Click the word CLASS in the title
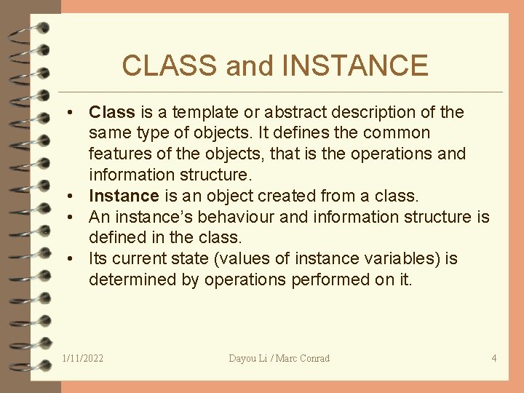pyautogui.click(x=171, y=65)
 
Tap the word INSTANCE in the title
pyautogui.click(x=354, y=65)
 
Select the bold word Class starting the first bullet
pyautogui.click(x=112, y=112)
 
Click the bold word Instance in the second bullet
pyautogui.click(x=124, y=196)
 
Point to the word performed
pyautogui.click(x=323, y=279)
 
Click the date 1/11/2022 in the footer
pyautogui.click(x=83, y=358)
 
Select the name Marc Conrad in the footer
pyautogui.click(x=303, y=358)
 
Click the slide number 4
pyautogui.click(x=494, y=358)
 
